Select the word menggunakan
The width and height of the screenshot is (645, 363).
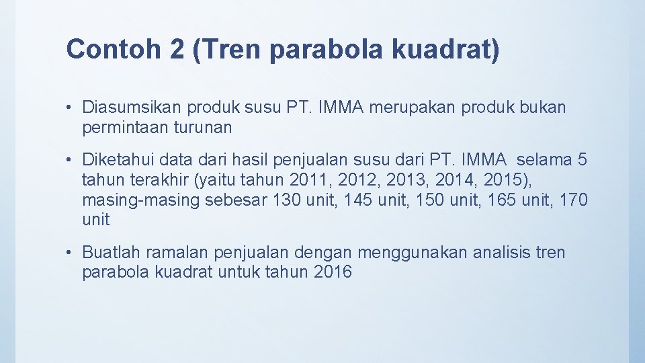pyautogui.click(x=413, y=253)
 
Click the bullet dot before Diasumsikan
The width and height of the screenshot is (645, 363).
pyautogui.click(x=71, y=108)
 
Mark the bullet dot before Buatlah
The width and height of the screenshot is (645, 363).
pyautogui.click(x=71, y=253)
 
